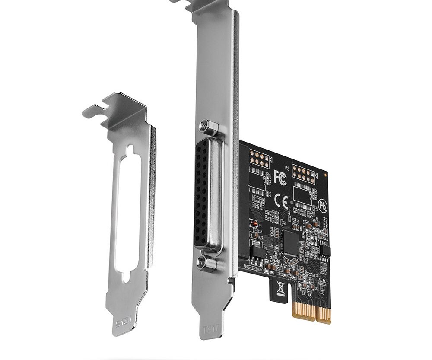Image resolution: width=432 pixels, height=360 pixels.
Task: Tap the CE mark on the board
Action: coord(281,201)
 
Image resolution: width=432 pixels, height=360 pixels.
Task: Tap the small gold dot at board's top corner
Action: coord(326,173)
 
